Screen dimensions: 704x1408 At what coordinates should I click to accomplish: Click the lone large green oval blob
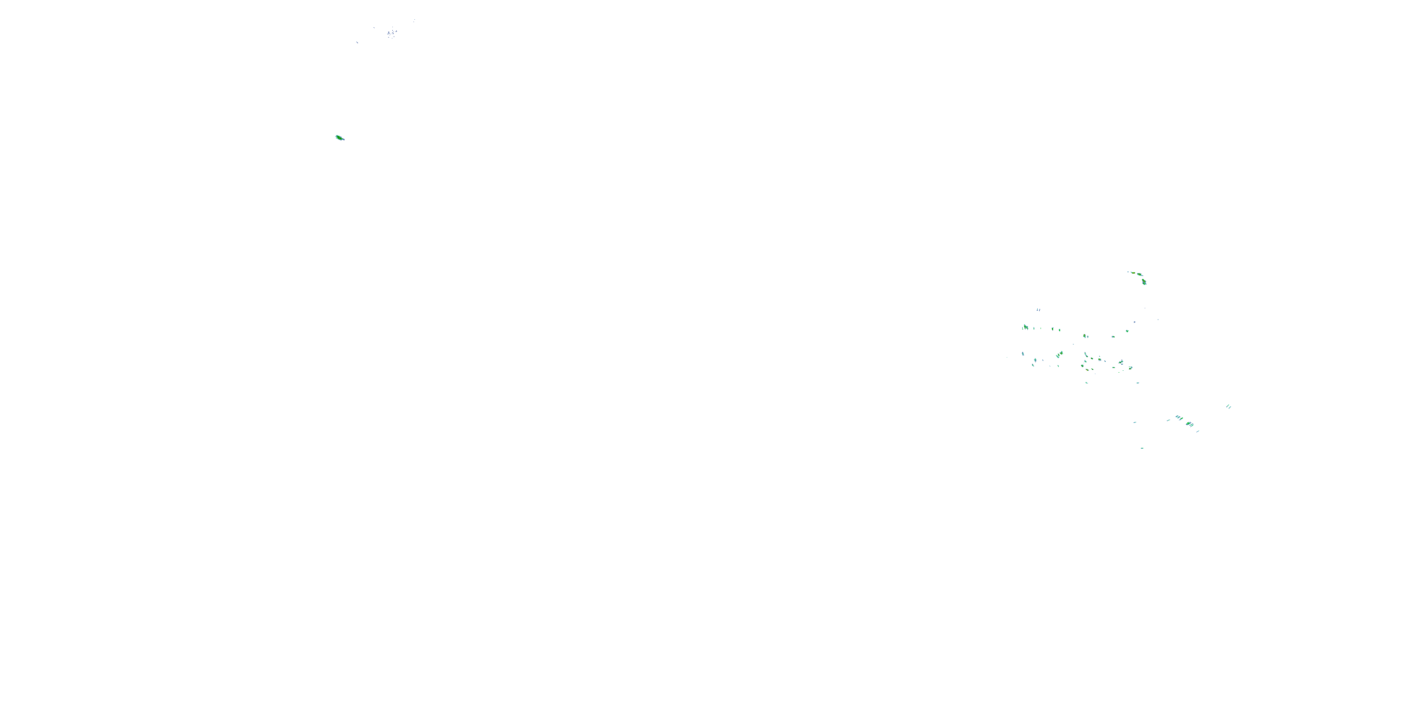click(x=339, y=138)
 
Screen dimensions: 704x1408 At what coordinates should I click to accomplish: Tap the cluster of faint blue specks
click(x=391, y=34)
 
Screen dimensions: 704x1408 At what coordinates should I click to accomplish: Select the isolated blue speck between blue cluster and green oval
click(x=357, y=42)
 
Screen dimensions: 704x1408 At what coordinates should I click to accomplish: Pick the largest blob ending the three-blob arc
click(x=1144, y=282)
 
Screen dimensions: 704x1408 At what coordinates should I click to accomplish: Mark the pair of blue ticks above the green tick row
click(x=1038, y=309)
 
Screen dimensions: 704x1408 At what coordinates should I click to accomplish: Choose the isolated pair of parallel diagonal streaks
click(x=1229, y=406)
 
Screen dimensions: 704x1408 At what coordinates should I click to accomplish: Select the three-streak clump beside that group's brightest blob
click(x=1179, y=418)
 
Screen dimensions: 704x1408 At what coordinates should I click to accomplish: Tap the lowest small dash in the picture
click(x=1142, y=448)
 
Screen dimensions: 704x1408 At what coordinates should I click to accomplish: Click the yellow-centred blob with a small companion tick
click(x=1086, y=336)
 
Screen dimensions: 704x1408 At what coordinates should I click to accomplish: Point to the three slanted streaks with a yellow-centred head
click(x=1059, y=354)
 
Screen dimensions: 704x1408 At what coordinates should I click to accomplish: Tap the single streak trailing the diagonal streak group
click(x=1198, y=431)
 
